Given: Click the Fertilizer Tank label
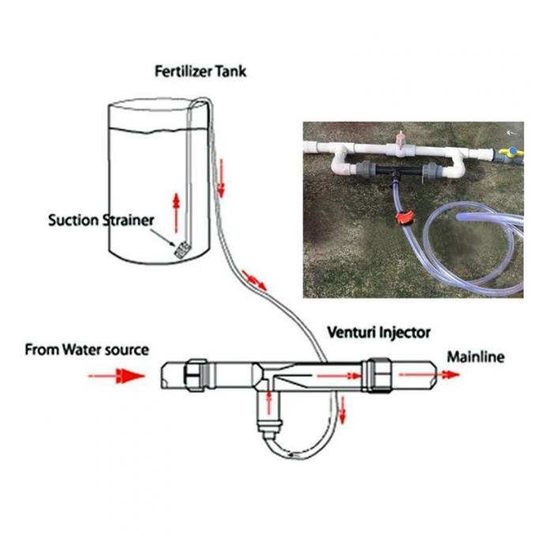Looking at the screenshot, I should (200, 72).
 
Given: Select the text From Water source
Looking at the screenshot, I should (86, 349).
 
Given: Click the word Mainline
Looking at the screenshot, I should (475, 357).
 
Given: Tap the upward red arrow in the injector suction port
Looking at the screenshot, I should (269, 403).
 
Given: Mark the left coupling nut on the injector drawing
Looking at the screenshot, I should (195, 374).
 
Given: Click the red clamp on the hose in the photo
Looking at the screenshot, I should (404, 217).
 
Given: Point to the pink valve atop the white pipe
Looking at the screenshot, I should (401, 142).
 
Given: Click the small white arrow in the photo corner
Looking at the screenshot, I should (513, 131).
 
